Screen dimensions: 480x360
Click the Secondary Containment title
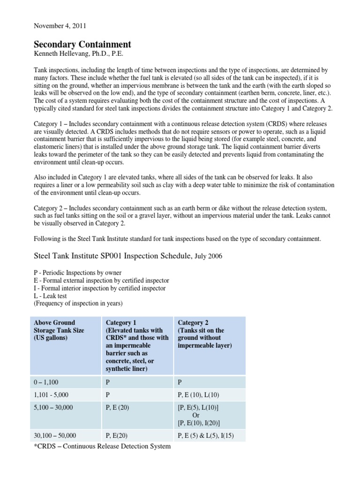pyautogui.click(x=82, y=45)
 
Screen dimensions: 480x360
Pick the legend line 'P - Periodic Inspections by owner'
pyautogui.click(x=77, y=273)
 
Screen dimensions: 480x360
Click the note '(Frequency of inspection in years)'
pyautogui.click(x=78, y=303)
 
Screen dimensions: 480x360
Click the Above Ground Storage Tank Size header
pyautogui.click(x=54, y=330)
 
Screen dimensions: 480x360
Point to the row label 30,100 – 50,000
pyautogui.click(x=55, y=435)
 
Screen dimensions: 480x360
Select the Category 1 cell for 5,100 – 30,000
pyautogui.click(x=118, y=407)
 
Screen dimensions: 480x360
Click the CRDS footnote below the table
pyautogui.click(x=102, y=446)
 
